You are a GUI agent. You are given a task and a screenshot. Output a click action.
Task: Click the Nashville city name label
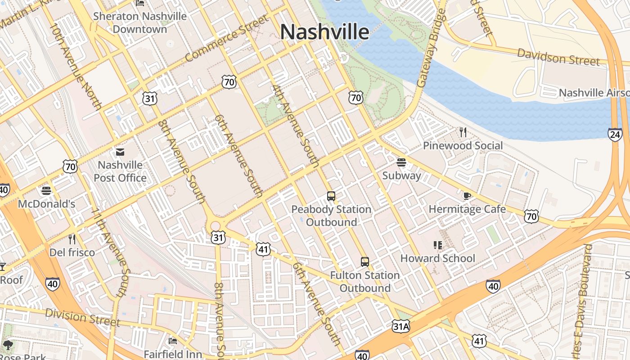324,32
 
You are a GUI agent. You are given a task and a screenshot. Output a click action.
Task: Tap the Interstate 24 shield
615,134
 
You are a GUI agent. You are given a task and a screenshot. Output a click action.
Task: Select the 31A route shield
400,326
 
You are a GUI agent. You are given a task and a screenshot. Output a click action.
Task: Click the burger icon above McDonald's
46,191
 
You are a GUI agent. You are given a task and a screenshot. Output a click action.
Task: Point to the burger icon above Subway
401,162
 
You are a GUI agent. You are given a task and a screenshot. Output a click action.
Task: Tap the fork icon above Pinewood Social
463,132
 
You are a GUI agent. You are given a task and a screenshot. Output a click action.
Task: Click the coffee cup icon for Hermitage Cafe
467,196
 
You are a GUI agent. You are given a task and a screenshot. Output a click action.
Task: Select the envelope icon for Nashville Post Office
120,152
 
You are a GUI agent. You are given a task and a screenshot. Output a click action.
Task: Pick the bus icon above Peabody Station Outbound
331,196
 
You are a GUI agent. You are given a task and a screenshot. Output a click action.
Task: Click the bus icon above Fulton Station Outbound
365,262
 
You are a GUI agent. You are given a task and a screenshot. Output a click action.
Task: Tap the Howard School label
437,258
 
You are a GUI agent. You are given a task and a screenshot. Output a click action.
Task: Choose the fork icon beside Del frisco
72,239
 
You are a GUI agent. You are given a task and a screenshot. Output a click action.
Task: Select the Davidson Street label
558,57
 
